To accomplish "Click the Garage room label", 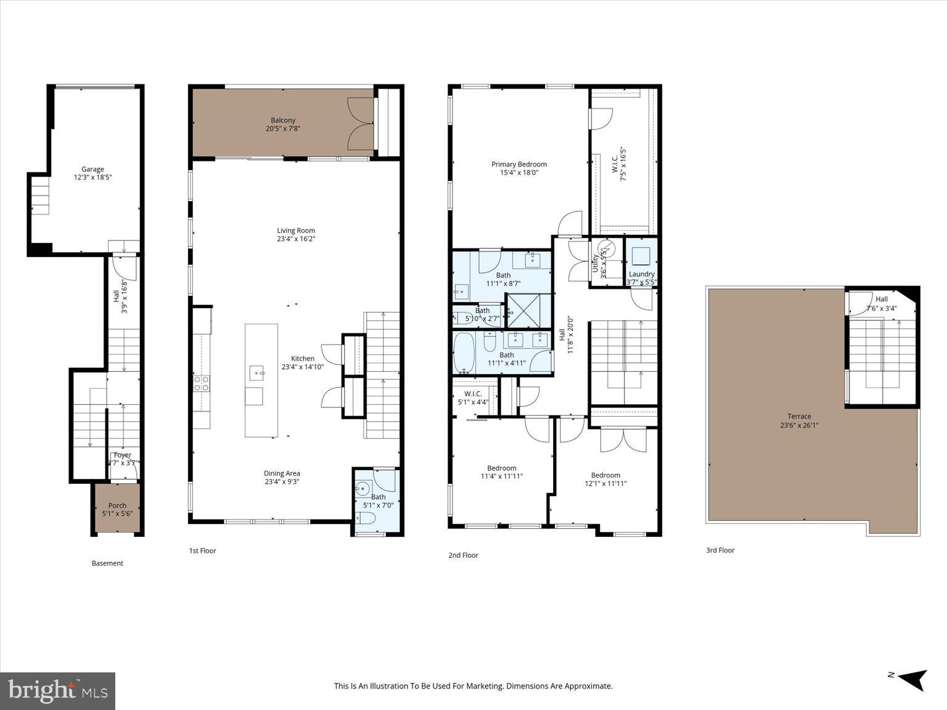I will tap(93, 169).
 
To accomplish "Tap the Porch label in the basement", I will tap(117, 505).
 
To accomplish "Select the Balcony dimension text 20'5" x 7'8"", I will tap(283, 129).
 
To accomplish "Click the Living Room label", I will tap(296, 231).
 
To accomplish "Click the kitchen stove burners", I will tap(202, 383).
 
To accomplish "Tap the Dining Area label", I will tap(282, 473).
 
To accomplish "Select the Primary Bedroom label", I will tap(519, 164).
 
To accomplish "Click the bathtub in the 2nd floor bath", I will tap(464, 354).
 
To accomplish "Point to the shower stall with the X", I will tap(528, 310).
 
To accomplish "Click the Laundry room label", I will tap(641, 274).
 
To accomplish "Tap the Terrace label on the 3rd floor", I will tap(798, 416).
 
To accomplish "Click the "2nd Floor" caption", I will tap(463, 555).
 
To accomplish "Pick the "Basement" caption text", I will tap(107, 563).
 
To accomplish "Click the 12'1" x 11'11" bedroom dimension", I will tap(605, 484).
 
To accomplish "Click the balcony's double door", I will tap(361, 123).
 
